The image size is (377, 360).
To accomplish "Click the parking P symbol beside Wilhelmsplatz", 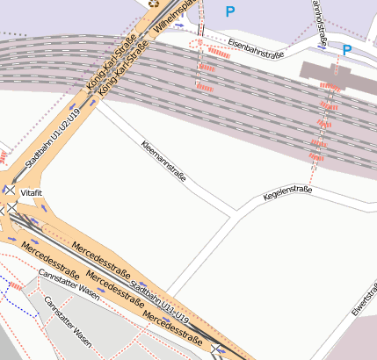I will (x=230, y=11).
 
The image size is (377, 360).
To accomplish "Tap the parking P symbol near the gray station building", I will (x=347, y=51).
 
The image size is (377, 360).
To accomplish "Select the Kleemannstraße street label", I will (x=163, y=161).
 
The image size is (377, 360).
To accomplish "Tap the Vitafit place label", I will (x=32, y=191).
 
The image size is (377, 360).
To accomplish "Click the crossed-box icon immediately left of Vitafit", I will (x=10, y=190).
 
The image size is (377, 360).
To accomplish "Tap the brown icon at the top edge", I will (x=155, y=3).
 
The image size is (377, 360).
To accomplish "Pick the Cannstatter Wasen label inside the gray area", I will (x=69, y=321).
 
